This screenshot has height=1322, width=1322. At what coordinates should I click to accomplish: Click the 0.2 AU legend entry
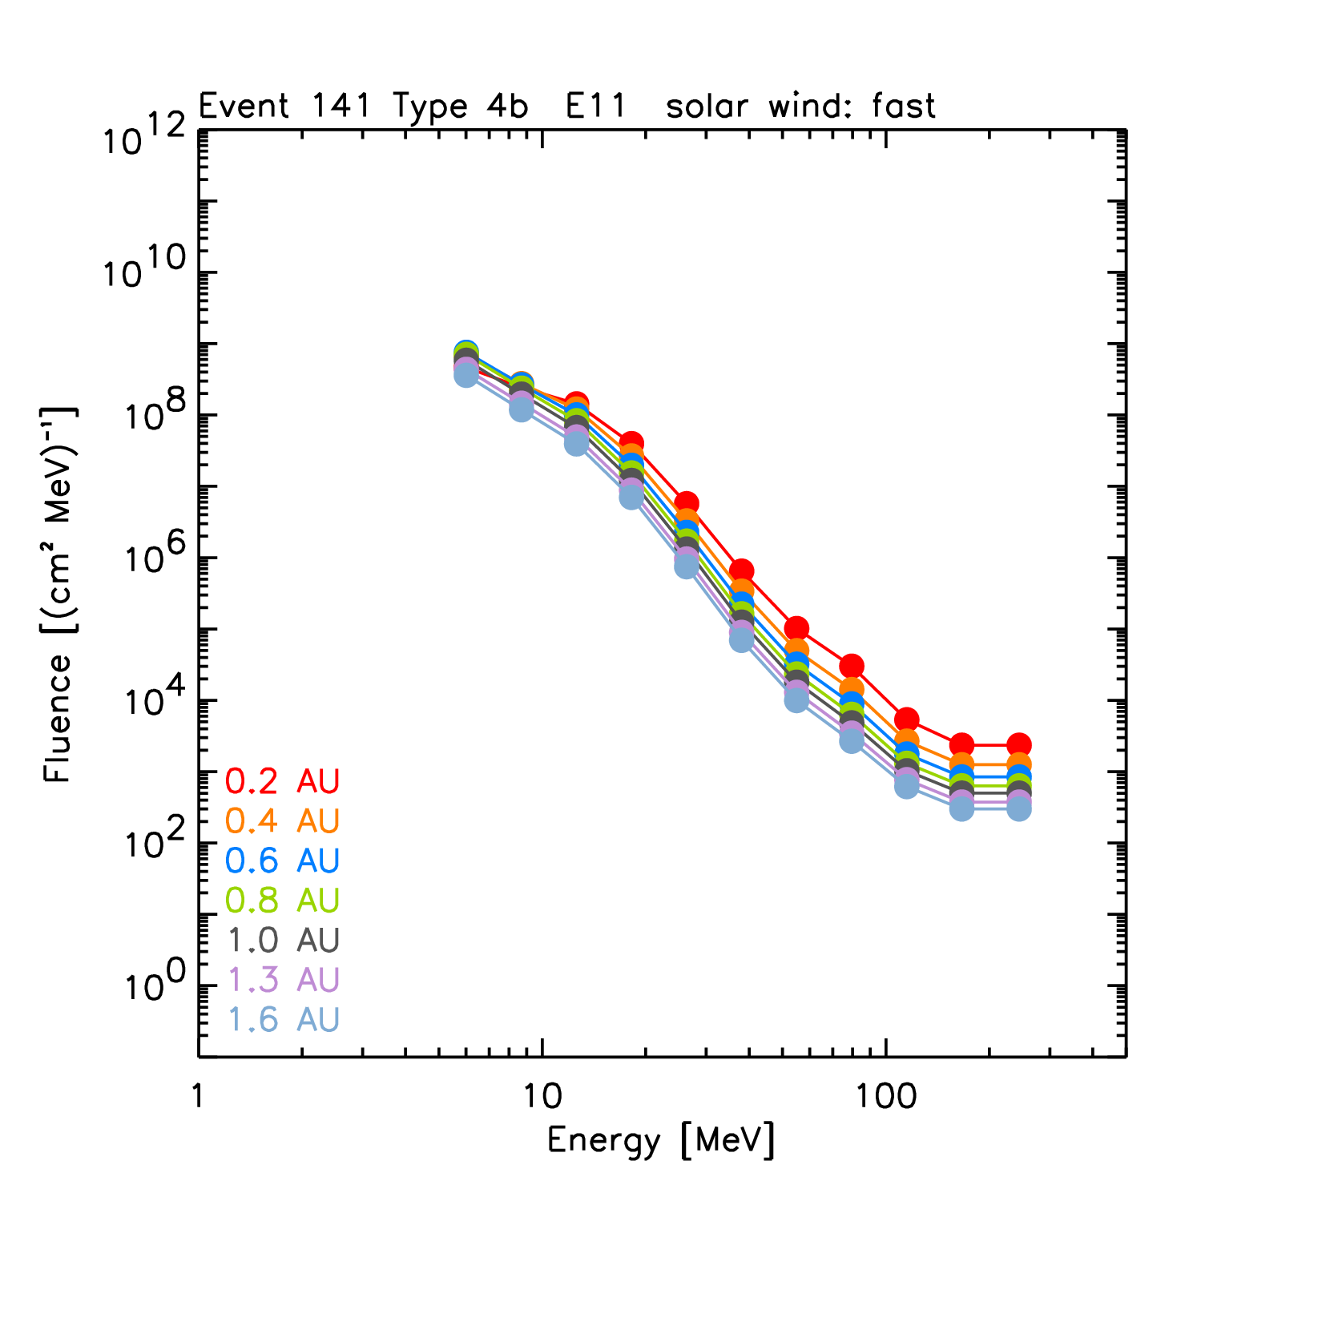coord(283,780)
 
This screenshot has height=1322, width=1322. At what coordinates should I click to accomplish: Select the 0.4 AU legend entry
coord(283,820)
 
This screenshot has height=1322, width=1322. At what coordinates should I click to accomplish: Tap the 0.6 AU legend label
coord(283,861)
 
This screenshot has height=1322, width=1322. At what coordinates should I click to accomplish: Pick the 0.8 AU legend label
coord(283,900)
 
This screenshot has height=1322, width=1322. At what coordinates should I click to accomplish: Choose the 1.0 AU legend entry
coord(283,940)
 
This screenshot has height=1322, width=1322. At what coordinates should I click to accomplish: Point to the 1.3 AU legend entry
coord(283,979)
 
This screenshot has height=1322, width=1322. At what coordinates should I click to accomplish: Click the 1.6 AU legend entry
coord(283,1019)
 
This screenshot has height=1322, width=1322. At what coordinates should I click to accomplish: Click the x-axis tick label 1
coord(198,1095)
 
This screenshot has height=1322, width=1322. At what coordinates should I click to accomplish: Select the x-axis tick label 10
coord(542,1095)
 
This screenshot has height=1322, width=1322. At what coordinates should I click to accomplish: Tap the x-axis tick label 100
coord(885,1095)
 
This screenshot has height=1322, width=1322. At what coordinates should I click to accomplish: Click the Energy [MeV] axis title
coord(661,1140)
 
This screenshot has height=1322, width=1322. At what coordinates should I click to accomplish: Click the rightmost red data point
coord(1018,744)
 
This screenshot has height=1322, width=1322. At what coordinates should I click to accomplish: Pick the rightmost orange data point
coord(1018,764)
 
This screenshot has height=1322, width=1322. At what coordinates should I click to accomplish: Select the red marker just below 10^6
coord(741,571)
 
